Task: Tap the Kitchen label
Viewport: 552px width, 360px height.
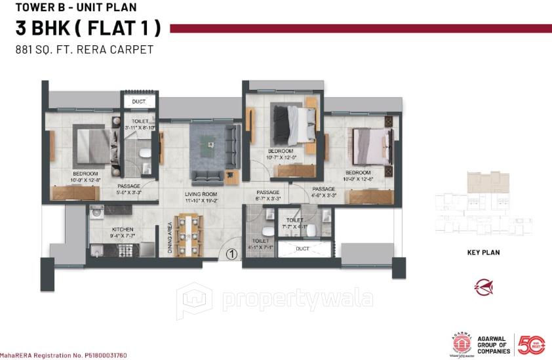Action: (x=123, y=229)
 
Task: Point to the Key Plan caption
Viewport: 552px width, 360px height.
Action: (x=484, y=252)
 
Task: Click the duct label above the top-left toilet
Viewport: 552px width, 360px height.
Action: (x=138, y=102)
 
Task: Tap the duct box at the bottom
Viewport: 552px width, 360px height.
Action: (x=302, y=249)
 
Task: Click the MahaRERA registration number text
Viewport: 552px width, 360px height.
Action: (x=64, y=355)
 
